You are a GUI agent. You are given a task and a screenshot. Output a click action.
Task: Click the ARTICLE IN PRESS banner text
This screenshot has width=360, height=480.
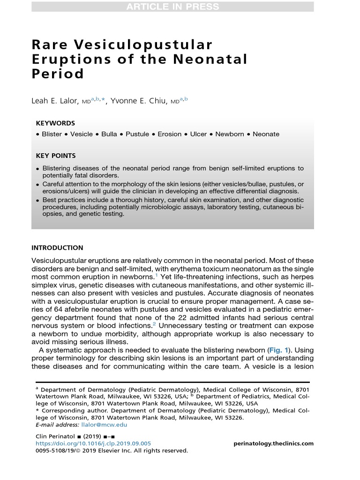(172, 7)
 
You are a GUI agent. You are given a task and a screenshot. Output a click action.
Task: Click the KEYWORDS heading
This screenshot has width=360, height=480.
(55, 123)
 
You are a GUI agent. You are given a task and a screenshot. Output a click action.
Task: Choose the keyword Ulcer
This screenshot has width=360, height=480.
(198, 134)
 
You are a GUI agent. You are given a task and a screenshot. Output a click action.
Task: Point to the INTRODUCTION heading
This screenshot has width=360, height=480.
(57, 248)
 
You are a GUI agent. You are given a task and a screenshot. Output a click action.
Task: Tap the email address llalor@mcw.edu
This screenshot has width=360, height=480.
(104, 425)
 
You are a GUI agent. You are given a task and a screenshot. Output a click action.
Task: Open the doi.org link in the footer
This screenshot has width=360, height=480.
(93, 443)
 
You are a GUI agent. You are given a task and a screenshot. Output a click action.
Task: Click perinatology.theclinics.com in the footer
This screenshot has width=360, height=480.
(273, 443)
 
